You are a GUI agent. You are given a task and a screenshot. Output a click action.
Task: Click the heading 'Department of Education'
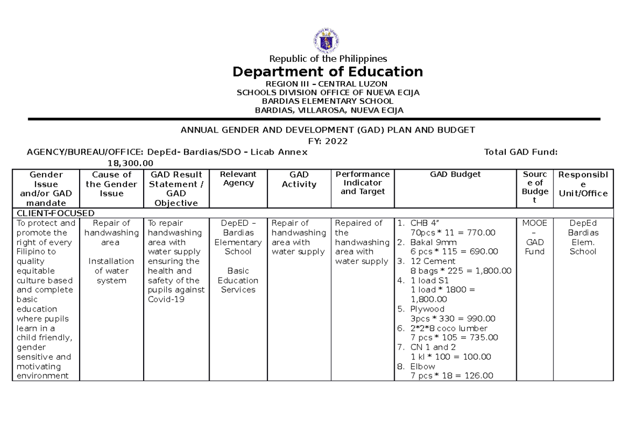pyautogui.click(x=328, y=71)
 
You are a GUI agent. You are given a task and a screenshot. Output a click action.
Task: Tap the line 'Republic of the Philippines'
pyautogui.click(x=328, y=59)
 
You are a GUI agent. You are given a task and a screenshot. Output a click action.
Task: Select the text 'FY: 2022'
pyautogui.click(x=328, y=141)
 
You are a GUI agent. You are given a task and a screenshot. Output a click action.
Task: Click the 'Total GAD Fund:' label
pyautogui.click(x=520, y=152)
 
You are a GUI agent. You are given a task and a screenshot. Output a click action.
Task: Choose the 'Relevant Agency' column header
pyautogui.click(x=238, y=179)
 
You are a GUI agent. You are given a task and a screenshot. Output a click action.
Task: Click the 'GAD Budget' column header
pyautogui.click(x=455, y=174)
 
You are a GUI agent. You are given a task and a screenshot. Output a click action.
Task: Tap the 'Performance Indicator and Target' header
pyautogui.click(x=363, y=183)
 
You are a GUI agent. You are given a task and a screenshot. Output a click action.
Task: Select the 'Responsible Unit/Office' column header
pyautogui.click(x=583, y=184)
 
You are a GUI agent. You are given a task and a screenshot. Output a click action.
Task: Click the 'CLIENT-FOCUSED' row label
pyautogui.click(x=56, y=213)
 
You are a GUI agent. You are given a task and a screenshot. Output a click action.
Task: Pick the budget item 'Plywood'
pyautogui.click(x=427, y=309)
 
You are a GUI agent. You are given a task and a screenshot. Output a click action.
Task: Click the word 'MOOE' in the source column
pyautogui.click(x=534, y=223)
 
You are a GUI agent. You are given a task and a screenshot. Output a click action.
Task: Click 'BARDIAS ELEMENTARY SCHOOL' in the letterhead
pyautogui.click(x=328, y=101)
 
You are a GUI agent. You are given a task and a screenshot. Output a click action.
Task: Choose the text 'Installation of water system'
pyautogui.click(x=111, y=271)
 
